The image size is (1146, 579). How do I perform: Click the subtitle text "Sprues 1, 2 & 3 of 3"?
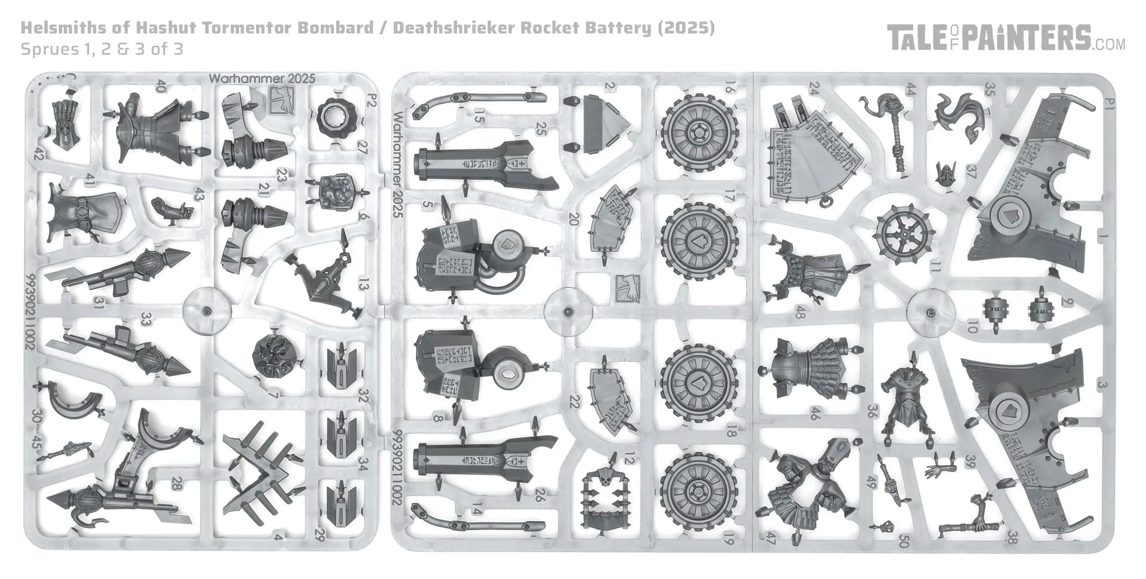(x=101, y=49)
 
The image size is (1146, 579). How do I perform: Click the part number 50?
(x=904, y=541)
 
